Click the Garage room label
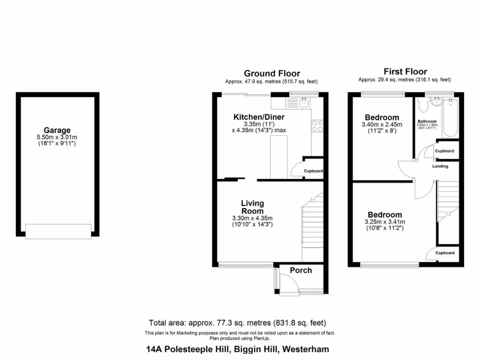(x=57, y=130)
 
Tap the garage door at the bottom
(x=58, y=231)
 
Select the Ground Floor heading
(x=272, y=73)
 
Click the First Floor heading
(x=405, y=72)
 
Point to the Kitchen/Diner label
(x=259, y=117)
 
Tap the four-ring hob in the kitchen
(x=317, y=126)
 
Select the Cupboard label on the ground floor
(x=313, y=172)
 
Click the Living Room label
(x=252, y=207)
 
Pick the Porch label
(x=300, y=270)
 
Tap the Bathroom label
(x=427, y=121)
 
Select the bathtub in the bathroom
(x=450, y=117)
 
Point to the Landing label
(x=440, y=166)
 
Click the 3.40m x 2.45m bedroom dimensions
(x=382, y=125)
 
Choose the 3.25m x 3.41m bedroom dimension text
(x=384, y=222)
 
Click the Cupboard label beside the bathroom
(x=444, y=151)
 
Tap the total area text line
(x=237, y=323)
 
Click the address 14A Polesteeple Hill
(x=237, y=349)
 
